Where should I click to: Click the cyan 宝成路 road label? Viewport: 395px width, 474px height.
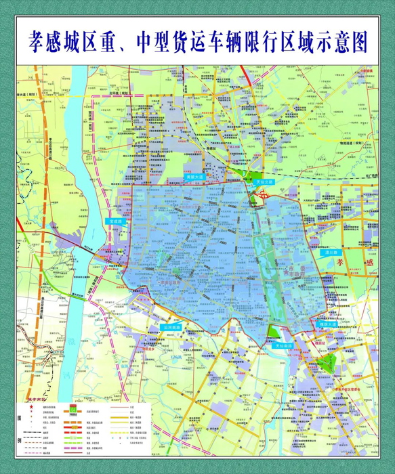point(117,221)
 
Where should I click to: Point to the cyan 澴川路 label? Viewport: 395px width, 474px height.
point(332,251)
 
